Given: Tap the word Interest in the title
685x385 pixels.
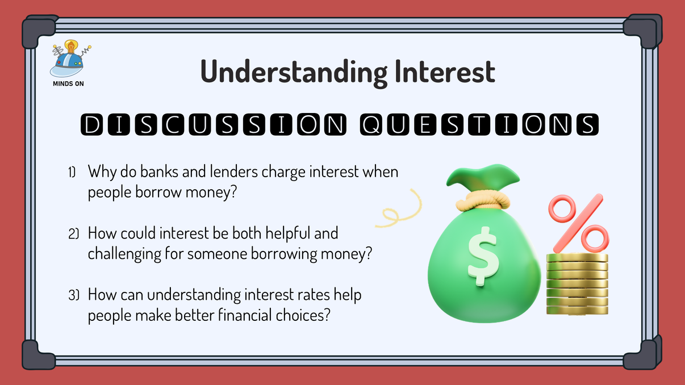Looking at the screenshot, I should (x=441, y=72).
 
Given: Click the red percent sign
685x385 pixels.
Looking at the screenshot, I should (x=576, y=223).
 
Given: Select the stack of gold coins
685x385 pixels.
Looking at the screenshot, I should (x=577, y=284).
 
